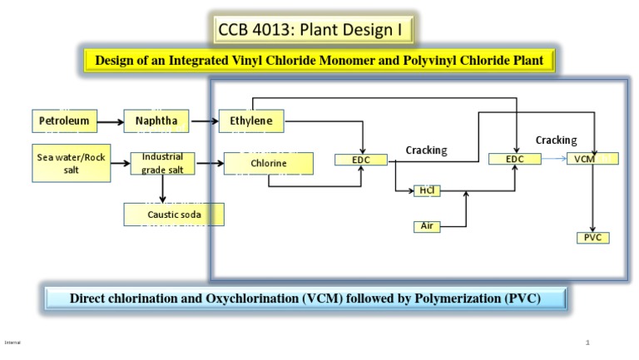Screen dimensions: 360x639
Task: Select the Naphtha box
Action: pos(156,121)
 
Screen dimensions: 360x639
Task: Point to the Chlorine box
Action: pos(269,164)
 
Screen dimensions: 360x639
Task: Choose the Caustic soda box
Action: pos(174,214)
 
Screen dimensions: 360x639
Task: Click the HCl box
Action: pos(426,191)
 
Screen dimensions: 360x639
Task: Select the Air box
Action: pos(426,226)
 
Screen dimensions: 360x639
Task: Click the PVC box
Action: pos(592,238)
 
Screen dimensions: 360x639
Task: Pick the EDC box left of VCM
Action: pos(517,159)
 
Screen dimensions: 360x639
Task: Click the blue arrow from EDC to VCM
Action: pos(554,159)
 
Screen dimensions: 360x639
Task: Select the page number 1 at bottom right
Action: pos(587,342)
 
